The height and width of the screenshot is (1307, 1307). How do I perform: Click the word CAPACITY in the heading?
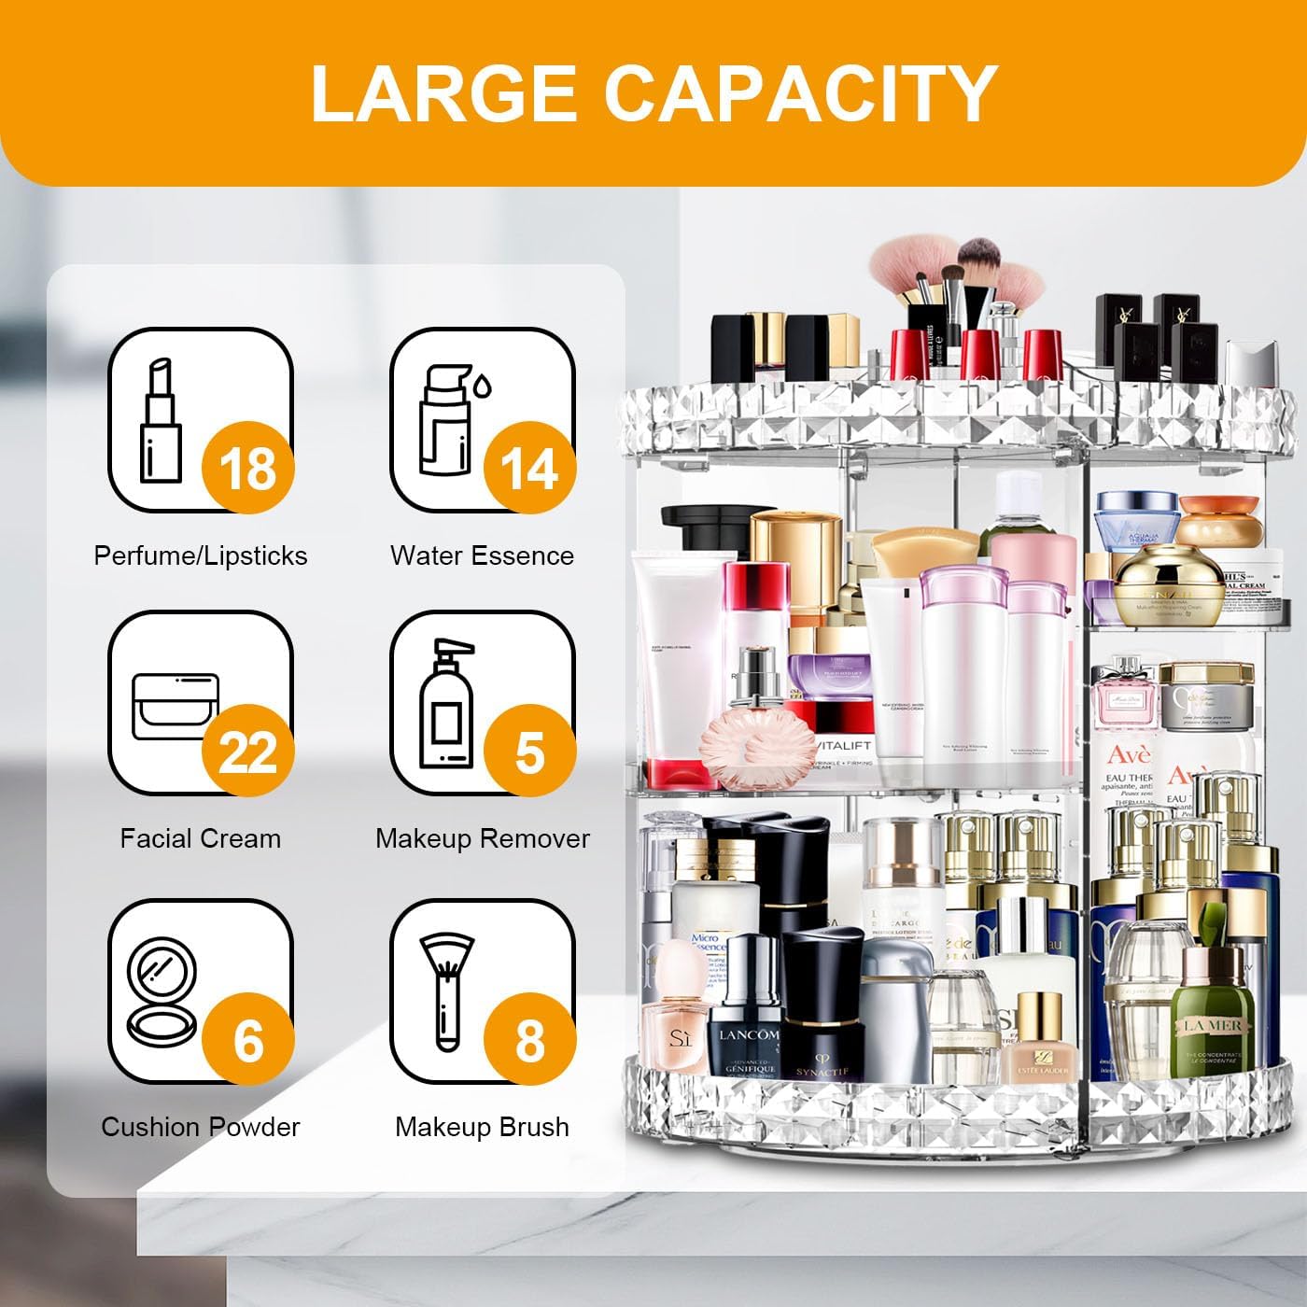801,93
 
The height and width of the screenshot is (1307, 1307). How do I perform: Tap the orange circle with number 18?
248,467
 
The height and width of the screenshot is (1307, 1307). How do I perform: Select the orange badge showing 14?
529,467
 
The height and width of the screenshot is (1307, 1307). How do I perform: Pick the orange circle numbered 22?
248,751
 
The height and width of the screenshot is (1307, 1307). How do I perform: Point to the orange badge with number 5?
529,751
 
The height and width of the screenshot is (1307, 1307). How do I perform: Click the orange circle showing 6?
248,1039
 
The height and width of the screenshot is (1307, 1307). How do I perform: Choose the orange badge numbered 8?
529,1039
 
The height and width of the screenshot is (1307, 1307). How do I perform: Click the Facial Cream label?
200,838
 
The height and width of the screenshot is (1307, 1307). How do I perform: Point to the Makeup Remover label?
482,838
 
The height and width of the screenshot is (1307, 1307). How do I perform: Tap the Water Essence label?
482,555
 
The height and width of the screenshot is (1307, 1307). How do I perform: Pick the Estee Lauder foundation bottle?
1038,1041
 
